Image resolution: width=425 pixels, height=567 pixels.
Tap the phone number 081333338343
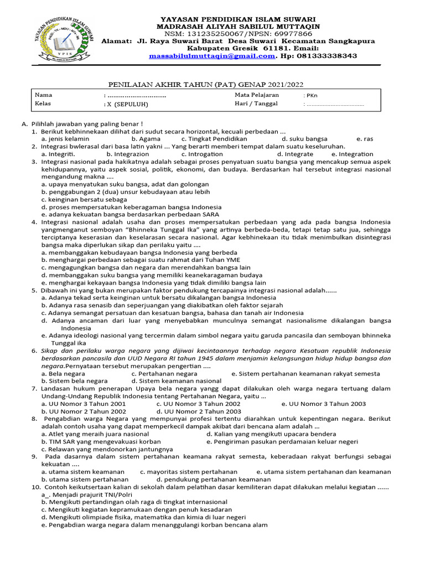point(326,56)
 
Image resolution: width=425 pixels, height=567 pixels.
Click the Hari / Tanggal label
point(256,104)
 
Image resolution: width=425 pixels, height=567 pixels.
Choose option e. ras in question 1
point(365,138)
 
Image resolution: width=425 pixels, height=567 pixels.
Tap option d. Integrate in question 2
point(295,154)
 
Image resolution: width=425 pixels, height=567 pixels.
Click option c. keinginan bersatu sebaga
point(84,199)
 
